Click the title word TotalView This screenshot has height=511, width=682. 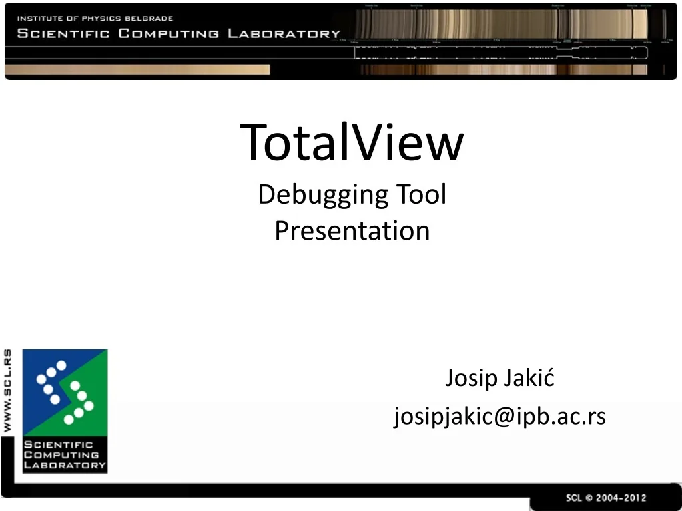point(352,143)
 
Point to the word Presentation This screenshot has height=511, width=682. point(352,231)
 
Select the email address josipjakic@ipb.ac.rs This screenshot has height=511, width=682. point(500,417)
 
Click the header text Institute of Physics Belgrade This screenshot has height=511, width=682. point(95,18)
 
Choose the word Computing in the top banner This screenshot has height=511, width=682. point(169,33)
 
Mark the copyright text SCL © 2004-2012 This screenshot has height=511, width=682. point(605,498)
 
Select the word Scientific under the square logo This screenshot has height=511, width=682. point(58,444)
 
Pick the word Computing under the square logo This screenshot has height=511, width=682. point(61,455)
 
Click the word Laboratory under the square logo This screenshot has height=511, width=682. point(64,465)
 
